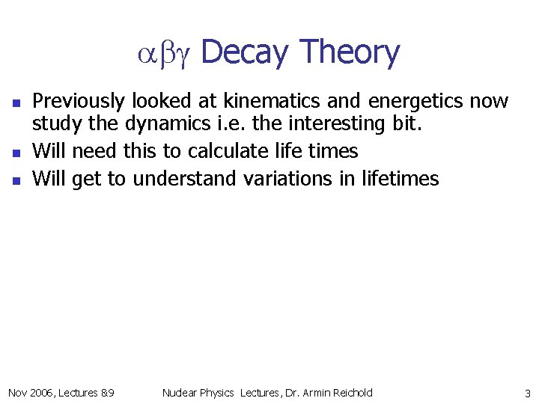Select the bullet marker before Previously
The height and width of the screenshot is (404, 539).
point(16,102)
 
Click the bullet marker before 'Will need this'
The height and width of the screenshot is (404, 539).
point(16,152)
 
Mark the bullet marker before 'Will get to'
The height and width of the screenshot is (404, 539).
point(16,180)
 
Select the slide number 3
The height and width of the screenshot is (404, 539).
point(527,394)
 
